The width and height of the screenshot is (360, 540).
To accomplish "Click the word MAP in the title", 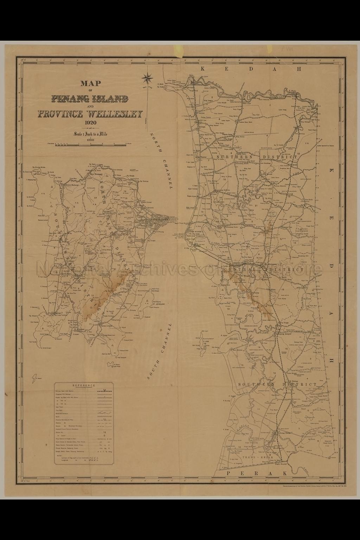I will [x=91, y=83].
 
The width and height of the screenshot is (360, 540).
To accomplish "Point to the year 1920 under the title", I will [x=91, y=123].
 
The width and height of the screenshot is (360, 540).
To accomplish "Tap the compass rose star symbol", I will [x=147, y=78].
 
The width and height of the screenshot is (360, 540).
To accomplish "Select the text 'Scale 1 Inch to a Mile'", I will [x=91, y=134].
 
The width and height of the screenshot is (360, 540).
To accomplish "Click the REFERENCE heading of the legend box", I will [x=83, y=385].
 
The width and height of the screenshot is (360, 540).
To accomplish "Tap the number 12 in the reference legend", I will [x=104, y=432].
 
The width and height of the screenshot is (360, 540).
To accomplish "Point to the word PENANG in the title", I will [x=70, y=99].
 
